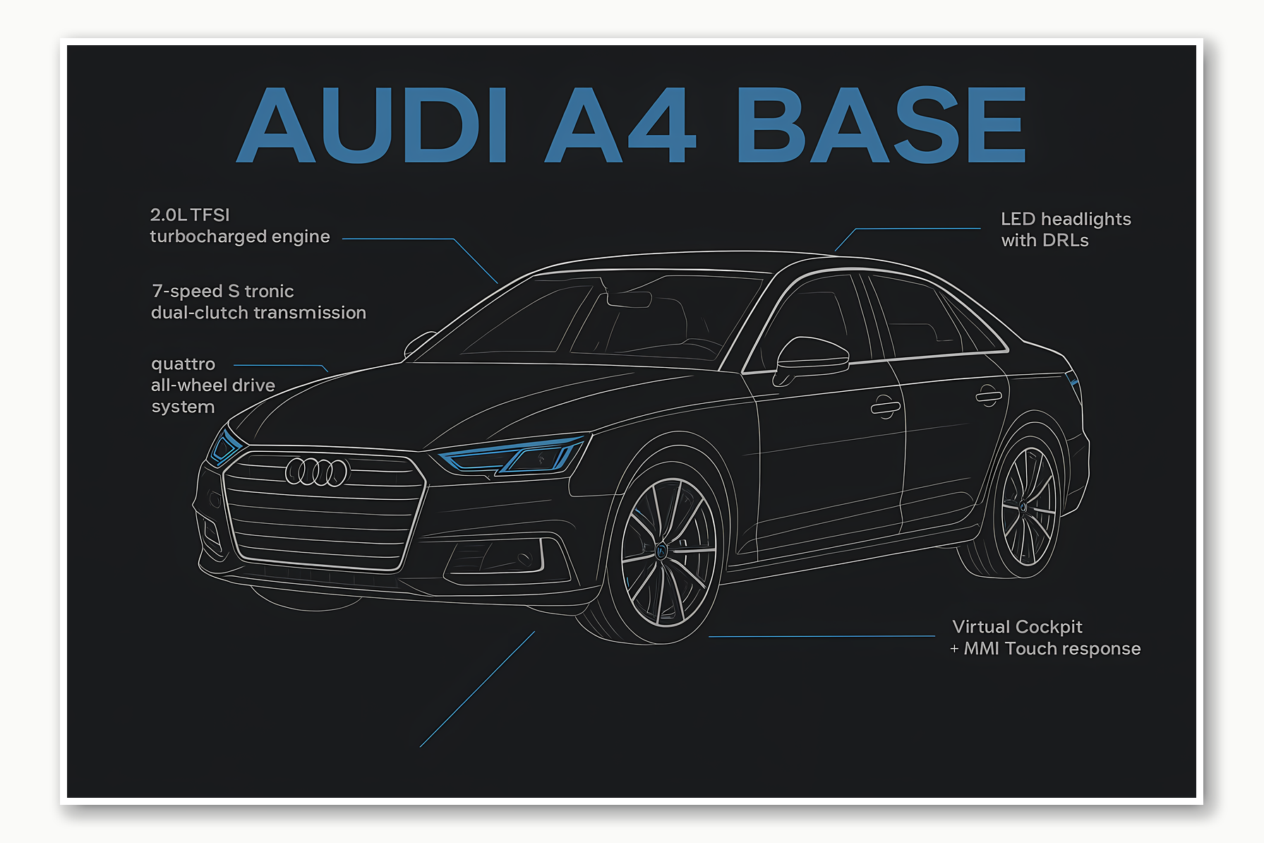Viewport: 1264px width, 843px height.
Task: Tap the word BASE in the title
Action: point(881,125)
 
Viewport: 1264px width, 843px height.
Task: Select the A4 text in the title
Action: point(621,125)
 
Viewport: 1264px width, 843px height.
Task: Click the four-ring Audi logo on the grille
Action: point(318,472)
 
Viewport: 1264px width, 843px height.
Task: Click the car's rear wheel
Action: point(1026,507)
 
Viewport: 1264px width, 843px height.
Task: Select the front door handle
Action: point(885,407)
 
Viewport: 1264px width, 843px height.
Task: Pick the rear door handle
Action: point(988,396)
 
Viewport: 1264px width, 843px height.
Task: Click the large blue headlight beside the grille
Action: point(514,455)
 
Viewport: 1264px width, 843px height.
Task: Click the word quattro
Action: point(183,364)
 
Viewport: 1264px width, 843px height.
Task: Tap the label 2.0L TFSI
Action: point(190,215)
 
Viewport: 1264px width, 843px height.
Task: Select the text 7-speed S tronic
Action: point(222,291)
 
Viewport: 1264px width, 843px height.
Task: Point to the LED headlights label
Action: point(1066,219)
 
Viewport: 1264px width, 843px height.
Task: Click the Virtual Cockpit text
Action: point(1016,627)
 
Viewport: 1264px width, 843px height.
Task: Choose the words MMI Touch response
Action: point(1052,649)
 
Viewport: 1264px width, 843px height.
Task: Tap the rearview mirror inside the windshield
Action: point(628,299)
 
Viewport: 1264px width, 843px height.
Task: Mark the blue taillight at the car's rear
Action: point(1073,381)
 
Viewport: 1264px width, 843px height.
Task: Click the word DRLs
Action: point(1065,241)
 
